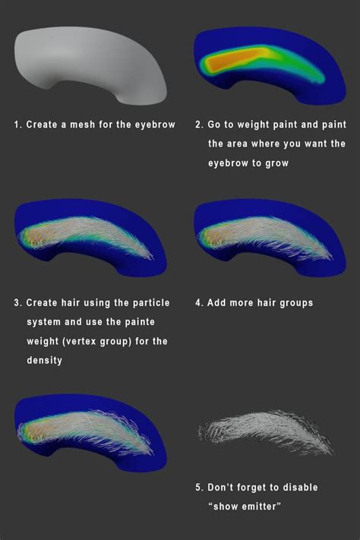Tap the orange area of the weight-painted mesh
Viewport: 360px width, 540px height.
[x=234, y=59]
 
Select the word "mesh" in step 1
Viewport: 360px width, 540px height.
[x=82, y=125]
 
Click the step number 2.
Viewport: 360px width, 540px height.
[x=199, y=125]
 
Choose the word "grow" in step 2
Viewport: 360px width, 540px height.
[x=276, y=163]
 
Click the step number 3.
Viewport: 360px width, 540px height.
[x=18, y=303]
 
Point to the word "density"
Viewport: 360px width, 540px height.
[x=45, y=361]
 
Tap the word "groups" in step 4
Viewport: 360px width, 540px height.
[x=296, y=303]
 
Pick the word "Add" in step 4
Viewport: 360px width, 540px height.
[x=216, y=303]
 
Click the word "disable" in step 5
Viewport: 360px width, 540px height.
[x=301, y=488]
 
